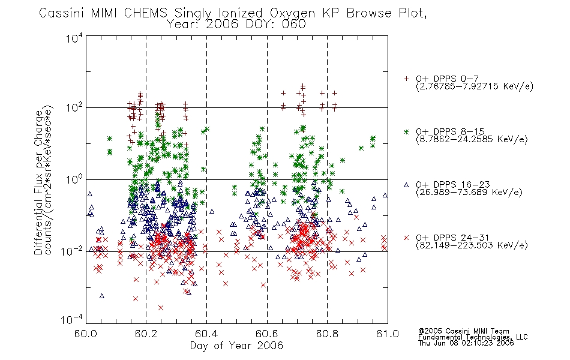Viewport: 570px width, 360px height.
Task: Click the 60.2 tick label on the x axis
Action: (x=146, y=334)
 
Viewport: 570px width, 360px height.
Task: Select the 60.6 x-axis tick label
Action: (x=267, y=334)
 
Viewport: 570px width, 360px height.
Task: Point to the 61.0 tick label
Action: (x=388, y=334)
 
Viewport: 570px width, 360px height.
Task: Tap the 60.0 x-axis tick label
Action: (x=86, y=334)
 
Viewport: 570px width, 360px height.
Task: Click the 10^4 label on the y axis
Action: (x=74, y=38)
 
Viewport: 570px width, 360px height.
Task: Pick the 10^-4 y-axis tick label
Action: (x=72, y=320)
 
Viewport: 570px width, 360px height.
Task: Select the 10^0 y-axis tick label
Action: (x=74, y=179)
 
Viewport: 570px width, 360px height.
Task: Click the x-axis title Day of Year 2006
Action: (x=236, y=346)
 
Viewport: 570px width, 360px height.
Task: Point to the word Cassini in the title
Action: (x=61, y=13)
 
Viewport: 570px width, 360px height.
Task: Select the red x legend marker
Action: (x=406, y=238)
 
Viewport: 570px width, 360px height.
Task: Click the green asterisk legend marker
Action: (x=406, y=131)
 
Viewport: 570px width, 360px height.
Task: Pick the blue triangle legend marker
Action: (x=406, y=185)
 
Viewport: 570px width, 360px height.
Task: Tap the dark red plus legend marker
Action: (x=406, y=79)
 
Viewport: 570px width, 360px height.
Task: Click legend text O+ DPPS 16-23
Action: (x=453, y=185)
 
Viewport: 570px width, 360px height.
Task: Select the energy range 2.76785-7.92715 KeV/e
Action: (x=475, y=86)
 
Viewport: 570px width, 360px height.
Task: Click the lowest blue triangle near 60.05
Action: (x=102, y=296)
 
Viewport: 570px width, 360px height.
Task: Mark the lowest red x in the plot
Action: (x=161, y=308)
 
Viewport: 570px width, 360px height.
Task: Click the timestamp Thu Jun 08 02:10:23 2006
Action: (x=466, y=343)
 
